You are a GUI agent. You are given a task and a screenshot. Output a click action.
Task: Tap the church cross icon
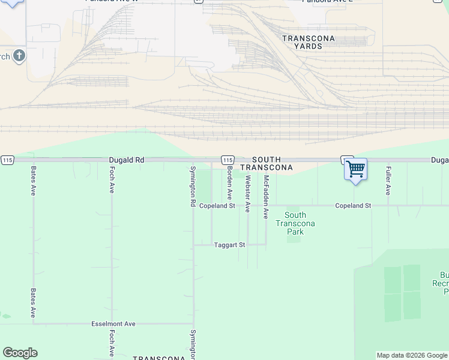tap(19, 56)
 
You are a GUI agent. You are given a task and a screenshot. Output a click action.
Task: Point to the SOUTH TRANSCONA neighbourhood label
tap(266, 163)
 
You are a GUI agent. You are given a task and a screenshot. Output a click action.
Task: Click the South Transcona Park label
tap(295, 223)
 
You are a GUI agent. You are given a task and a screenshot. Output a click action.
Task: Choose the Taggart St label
tap(230, 245)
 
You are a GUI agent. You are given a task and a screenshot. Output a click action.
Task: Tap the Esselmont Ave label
tap(113, 324)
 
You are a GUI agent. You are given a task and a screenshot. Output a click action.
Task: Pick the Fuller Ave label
tap(388, 181)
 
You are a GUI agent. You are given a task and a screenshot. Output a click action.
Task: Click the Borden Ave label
tap(229, 184)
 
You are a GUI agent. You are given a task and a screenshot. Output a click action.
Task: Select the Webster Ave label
tap(247, 193)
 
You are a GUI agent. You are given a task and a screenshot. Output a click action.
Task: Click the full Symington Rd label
tap(193, 187)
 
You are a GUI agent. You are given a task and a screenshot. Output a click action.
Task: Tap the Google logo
tap(20, 353)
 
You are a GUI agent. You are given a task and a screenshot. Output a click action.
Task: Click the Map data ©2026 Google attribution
tap(411, 355)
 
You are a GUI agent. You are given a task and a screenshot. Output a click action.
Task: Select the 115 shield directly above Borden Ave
tap(227, 160)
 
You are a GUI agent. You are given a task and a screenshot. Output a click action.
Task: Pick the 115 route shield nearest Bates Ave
tap(7, 160)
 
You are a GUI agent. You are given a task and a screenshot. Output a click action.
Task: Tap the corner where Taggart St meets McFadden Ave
tap(266, 244)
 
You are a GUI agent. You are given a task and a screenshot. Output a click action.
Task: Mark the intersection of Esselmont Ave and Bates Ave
tap(34, 323)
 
